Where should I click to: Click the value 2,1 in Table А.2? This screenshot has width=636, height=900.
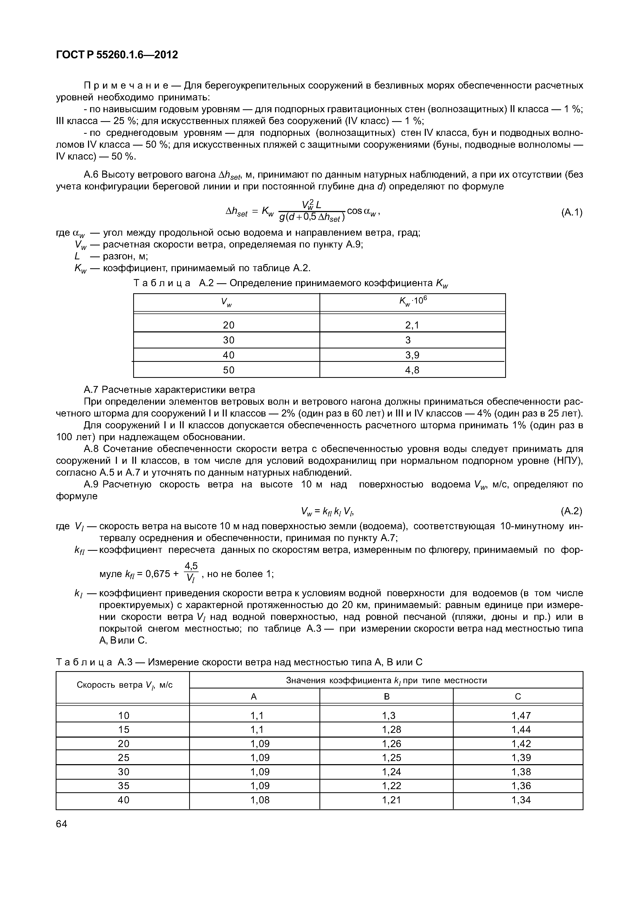coord(412,325)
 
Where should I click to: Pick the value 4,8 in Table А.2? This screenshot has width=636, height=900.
coord(412,370)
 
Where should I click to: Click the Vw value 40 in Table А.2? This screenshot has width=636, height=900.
coord(229,355)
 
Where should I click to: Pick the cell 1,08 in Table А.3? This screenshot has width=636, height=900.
coord(260,800)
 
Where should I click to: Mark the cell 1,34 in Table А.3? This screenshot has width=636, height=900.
coord(521,800)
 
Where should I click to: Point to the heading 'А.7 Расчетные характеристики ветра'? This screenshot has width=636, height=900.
coord(169,390)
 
